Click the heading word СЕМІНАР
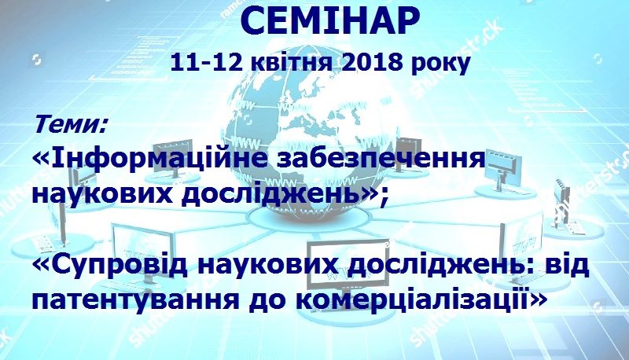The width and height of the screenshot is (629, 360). coord(331,22)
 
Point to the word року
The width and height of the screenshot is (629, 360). coord(440,64)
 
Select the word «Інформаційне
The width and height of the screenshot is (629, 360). coord(149,159)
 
